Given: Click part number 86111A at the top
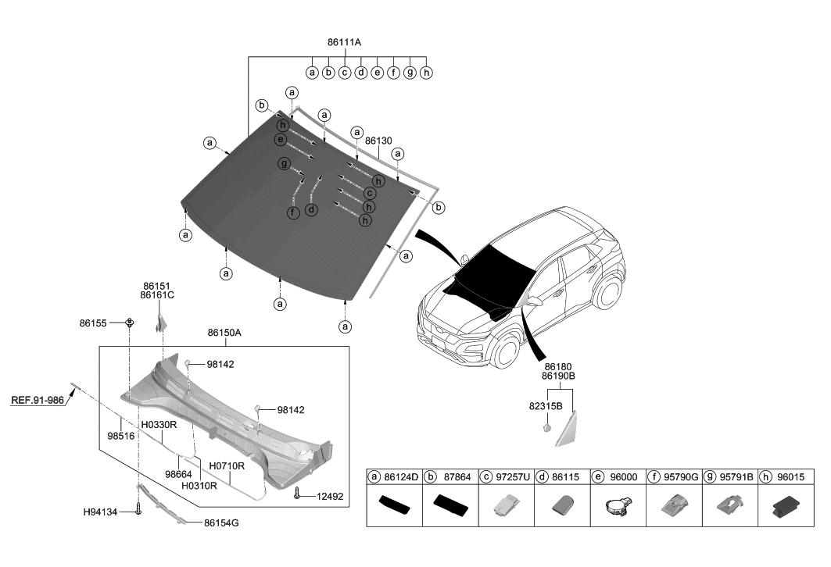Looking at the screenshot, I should click(344, 42).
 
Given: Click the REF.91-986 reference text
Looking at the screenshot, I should click(38, 400).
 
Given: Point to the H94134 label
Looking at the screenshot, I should click(100, 512).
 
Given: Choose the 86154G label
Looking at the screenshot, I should click(221, 522).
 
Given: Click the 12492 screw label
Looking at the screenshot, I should click(330, 496).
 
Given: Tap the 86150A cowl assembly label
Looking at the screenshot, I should click(224, 333).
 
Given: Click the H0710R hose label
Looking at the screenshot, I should click(227, 465).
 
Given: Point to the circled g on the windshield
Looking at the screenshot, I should click(283, 163).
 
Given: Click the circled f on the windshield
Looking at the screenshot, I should click(292, 212).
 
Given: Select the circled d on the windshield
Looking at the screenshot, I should click(311, 209).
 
